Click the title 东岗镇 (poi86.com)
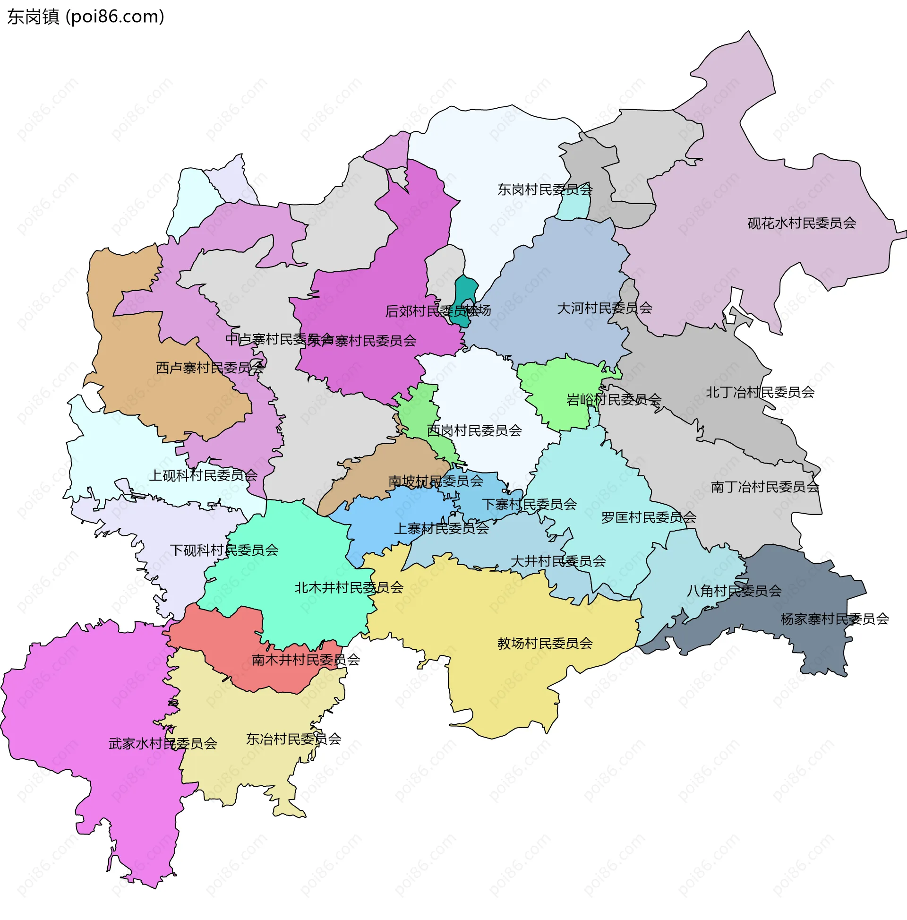[x=86, y=17]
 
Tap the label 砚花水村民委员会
[x=802, y=224]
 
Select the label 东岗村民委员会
[x=545, y=189]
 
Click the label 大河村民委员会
[x=605, y=308]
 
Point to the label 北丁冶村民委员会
[x=760, y=392]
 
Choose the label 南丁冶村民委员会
[x=765, y=487]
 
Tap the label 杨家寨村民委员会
[x=835, y=619]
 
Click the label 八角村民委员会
[x=734, y=591]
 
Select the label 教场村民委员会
[x=545, y=643]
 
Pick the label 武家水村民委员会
[x=163, y=743]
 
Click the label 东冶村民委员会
[x=293, y=739]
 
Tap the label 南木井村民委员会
[x=306, y=660]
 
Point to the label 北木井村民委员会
[x=349, y=588]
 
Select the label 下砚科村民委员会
[x=224, y=550]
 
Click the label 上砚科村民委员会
[x=203, y=475]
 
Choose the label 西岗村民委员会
[x=474, y=430]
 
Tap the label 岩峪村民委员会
[x=614, y=400]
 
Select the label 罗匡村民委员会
[x=649, y=517]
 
